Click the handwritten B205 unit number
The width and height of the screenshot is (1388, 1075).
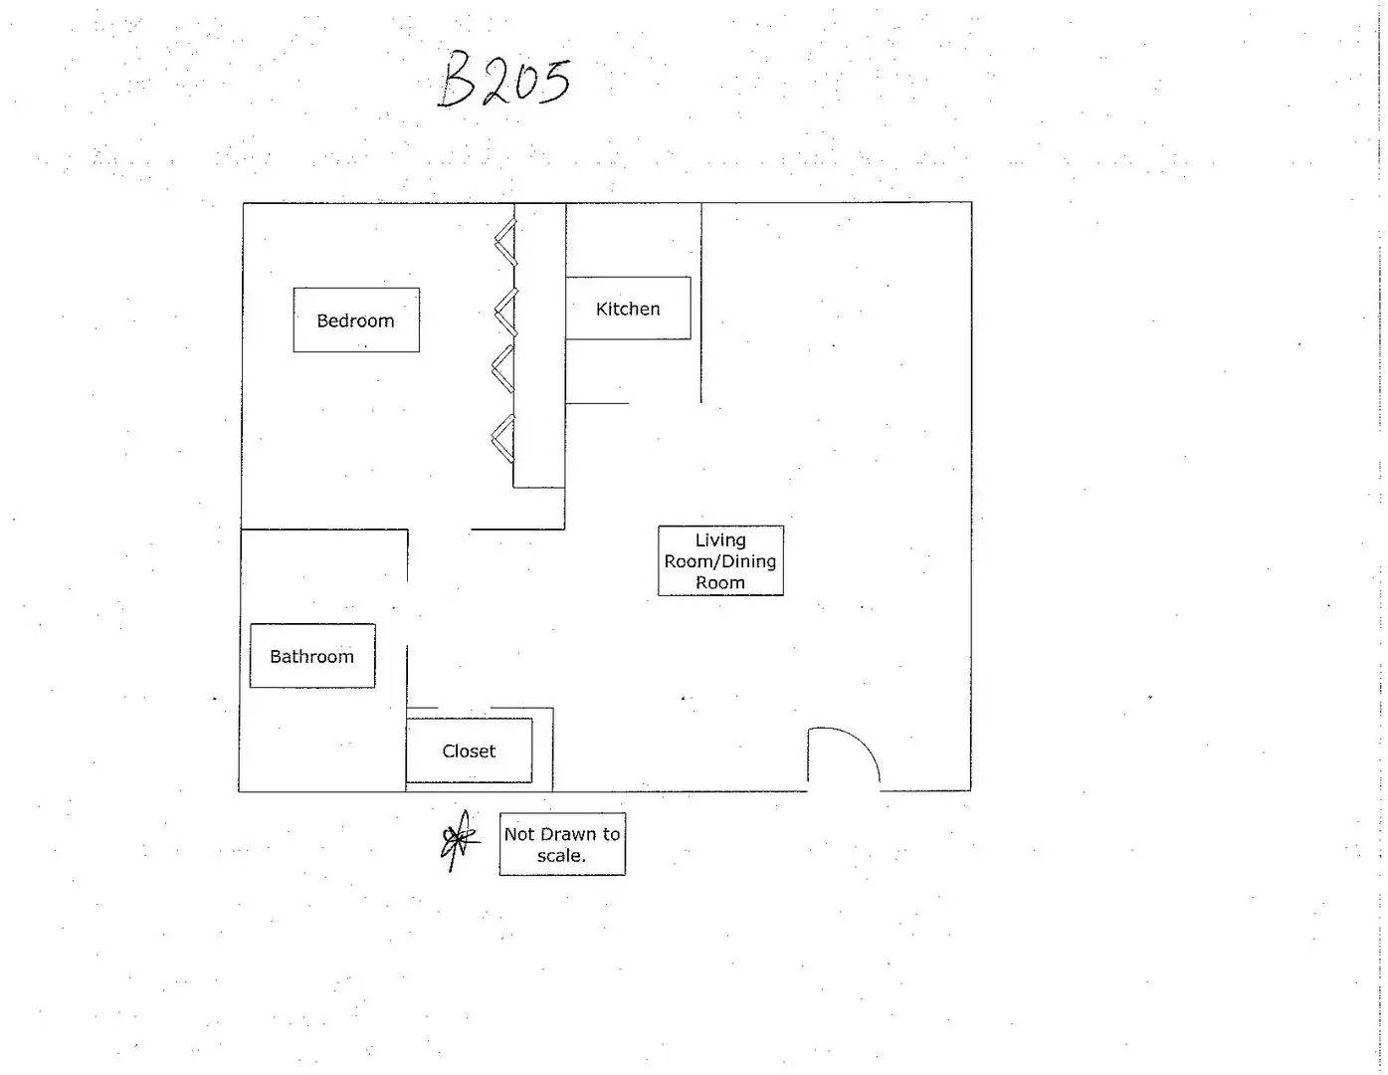click(x=503, y=81)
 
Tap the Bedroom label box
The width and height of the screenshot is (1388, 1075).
click(x=356, y=320)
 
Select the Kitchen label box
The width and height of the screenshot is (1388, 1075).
click(x=628, y=308)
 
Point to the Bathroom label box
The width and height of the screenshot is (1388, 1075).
click(x=311, y=655)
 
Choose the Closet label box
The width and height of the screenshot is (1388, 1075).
click(x=469, y=750)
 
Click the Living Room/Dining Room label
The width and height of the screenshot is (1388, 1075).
click(x=720, y=560)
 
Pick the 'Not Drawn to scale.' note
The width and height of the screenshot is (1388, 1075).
click(x=562, y=844)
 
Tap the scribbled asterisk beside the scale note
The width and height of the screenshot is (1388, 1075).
click(x=460, y=839)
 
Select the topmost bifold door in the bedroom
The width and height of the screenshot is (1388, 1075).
click(x=505, y=242)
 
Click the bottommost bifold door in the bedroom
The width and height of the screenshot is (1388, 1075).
click(x=503, y=438)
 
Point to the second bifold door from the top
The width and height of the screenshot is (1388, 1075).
click(x=505, y=312)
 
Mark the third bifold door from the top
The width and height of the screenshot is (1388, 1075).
click(x=502, y=368)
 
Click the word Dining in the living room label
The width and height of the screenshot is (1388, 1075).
click(x=748, y=561)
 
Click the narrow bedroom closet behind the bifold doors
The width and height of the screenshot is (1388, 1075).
click(x=539, y=345)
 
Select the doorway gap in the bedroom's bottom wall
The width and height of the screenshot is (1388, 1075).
click(x=440, y=529)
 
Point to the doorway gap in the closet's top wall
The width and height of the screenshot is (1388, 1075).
click(x=465, y=708)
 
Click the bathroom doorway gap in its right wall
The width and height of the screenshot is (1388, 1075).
click(x=407, y=614)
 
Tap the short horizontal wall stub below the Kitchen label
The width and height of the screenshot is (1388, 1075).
click(x=597, y=403)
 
